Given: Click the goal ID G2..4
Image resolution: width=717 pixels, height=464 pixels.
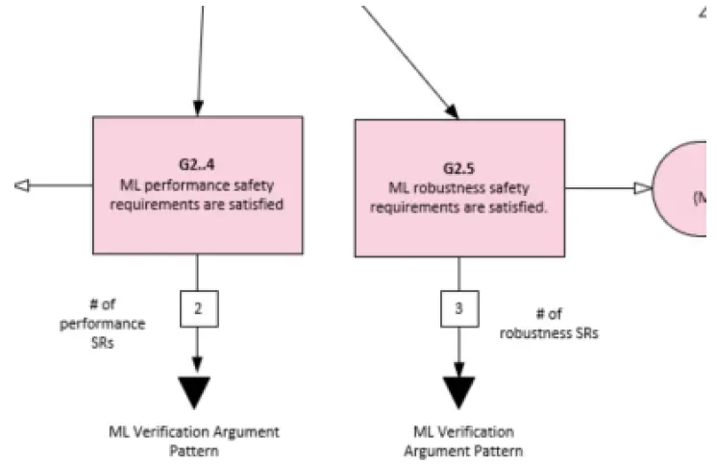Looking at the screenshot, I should coord(198,162).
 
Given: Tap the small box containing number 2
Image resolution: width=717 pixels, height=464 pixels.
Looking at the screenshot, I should coord(197,309).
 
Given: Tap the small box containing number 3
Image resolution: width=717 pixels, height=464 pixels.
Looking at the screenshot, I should coord(458,310).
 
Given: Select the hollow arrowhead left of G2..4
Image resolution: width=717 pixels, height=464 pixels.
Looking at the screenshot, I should coord(22,186).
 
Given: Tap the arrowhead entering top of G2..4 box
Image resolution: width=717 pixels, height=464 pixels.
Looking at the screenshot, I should coord(197,107).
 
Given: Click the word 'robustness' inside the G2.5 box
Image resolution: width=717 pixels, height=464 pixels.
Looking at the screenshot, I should coord(442,188).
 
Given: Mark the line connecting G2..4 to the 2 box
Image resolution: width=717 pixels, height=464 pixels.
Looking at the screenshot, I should coord(197,273).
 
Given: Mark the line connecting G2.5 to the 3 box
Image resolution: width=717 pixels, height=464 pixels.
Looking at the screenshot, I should coord(458,275).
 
